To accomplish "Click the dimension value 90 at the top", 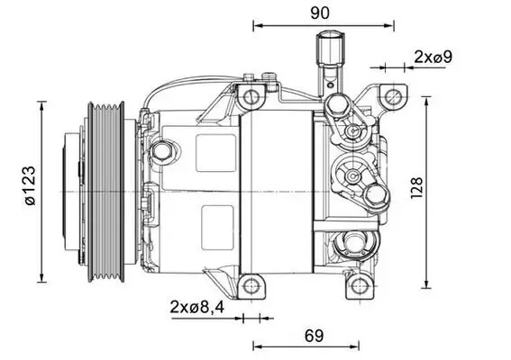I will tap(319, 13).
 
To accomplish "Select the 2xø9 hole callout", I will tap(432, 57).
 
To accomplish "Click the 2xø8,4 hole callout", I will tap(196, 307).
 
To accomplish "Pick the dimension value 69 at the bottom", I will tap(313, 336).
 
